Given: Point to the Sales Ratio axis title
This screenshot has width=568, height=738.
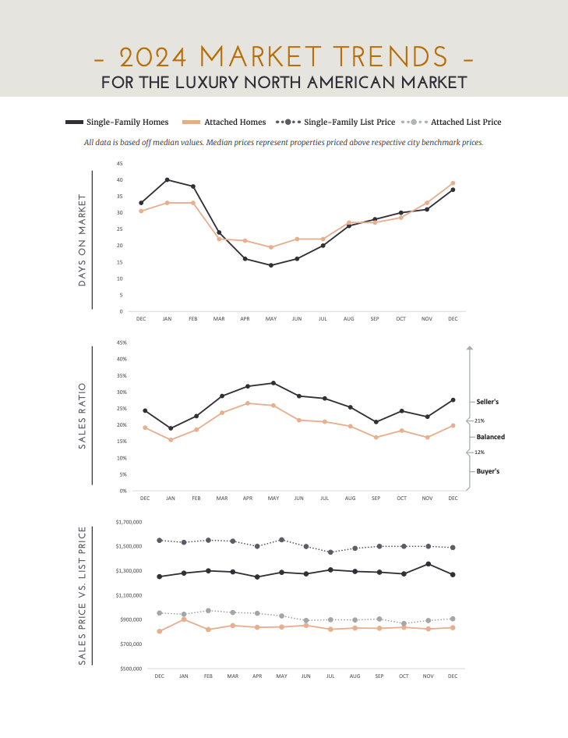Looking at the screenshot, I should (x=83, y=416).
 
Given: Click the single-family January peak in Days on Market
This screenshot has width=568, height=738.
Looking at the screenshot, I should (x=167, y=179).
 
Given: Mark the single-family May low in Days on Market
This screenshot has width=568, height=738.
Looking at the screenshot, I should (x=271, y=265).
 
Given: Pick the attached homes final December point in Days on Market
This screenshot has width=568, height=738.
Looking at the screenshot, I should (x=453, y=183).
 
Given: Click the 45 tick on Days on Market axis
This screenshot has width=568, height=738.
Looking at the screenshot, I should (x=119, y=164).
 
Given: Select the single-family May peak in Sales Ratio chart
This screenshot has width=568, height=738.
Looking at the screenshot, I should (x=273, y=383).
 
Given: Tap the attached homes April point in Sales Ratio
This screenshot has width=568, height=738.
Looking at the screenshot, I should (x=248, y=403).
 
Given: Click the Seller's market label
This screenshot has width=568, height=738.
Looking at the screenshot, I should (x=487, y=402).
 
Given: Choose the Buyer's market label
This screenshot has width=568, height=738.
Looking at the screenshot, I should (x=488, y=472).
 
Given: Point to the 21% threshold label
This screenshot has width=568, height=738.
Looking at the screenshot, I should (x=479, y=420).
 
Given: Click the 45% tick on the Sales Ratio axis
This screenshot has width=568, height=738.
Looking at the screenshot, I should (x=121, y=343).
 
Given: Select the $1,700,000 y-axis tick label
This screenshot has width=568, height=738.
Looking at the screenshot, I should (x=128, y=521).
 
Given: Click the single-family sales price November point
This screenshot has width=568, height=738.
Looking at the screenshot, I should (x=428, y=564).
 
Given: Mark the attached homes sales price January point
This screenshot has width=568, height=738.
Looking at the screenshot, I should (x=184, y=619).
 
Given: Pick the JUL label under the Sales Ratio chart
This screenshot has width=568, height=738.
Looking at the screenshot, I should (x=325, y=498).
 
